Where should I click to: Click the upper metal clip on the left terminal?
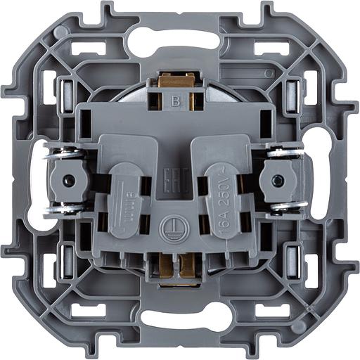click(x=64, y=153)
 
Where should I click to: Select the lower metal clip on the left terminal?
click(x=64, y=207)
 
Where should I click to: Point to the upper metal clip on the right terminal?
click(x=285, y=152)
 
